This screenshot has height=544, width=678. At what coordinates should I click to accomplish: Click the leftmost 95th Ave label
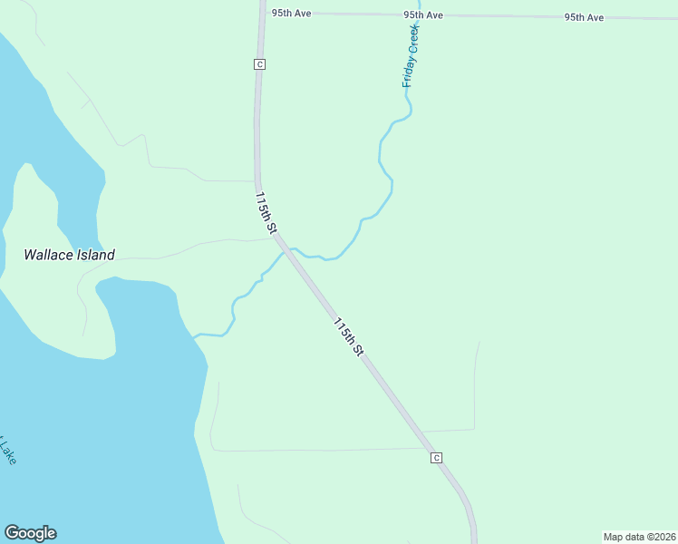tap(291, 14)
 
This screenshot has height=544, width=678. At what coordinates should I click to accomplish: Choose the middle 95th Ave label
tap(423, 15)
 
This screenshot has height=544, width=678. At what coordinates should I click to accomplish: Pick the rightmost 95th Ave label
tap(584, 17)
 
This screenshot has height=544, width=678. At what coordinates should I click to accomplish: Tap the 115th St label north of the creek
tap(265, 214)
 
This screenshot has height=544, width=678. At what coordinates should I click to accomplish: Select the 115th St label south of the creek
tap(347, 336)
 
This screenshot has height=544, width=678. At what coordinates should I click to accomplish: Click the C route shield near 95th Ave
tap(259, 63)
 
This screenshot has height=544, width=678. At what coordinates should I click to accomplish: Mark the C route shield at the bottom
tap(436, 458)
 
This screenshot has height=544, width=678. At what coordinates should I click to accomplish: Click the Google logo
tap(30, 533)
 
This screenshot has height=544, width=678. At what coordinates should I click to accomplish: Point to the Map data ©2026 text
tap(639, 536)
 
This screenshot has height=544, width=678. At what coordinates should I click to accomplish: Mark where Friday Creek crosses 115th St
tap(288, 251)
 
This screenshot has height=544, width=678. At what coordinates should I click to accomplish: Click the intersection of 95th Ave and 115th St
tap(262, 13)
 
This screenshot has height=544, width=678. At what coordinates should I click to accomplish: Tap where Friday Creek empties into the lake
tap(193, 337)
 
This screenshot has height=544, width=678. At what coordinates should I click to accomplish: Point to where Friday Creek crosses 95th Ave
tap(415, 15)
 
